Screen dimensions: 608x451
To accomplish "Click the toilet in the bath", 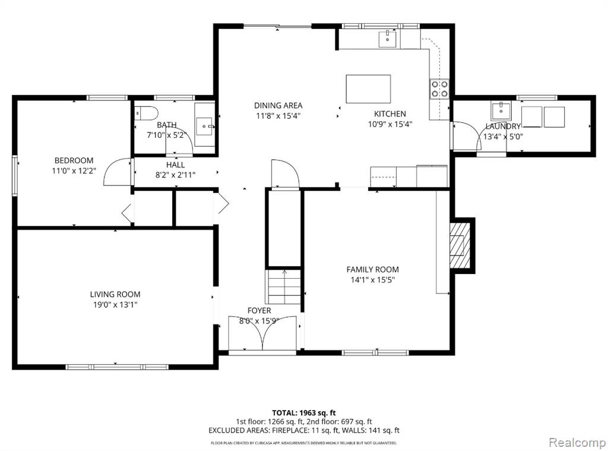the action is point(146,113).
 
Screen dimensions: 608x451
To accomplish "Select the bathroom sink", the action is point(204,126).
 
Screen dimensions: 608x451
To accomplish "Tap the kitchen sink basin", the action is point(387,39).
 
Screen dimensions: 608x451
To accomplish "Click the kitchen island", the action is point(368,89).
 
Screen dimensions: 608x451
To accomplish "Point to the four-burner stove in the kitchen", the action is point(439,89).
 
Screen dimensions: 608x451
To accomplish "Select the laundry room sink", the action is point(501,111).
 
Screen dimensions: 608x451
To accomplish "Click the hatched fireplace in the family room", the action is point(460,245).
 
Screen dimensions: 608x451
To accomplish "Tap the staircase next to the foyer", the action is point(283,286).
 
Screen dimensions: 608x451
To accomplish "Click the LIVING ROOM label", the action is point(115,294).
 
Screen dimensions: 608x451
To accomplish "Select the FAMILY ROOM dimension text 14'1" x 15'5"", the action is point(373,280).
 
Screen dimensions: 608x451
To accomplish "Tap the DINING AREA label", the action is point(278,105).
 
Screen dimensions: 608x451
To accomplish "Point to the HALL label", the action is point(175,165).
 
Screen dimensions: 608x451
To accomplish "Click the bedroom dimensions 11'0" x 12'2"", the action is point(74,171).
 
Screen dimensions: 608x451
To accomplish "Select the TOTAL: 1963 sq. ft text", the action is point(303,413).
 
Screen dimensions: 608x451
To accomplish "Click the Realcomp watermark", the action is point(577,442).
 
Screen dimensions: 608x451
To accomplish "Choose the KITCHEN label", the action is point(389,113).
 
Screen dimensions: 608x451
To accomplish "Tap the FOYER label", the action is point(259,311).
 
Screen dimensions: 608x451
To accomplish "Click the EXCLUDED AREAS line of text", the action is point(303,430).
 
